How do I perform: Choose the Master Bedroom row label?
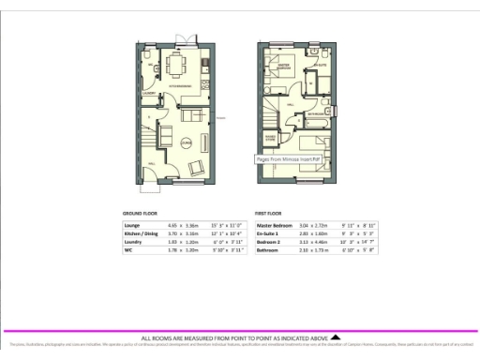point(277,226)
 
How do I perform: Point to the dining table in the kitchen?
point(177,66)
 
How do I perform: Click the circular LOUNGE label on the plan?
point(187,142)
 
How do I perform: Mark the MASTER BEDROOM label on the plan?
point(282,68)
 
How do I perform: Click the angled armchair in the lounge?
point(198,167)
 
